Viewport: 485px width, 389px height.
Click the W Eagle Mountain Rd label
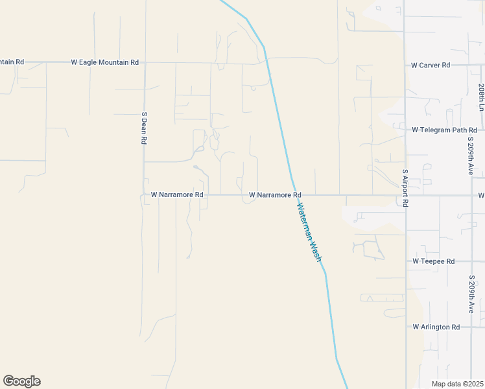tap(104, 62)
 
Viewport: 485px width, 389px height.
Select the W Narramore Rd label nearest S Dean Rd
tap(177, 194)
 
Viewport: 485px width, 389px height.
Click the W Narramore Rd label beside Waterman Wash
tap(275, 194)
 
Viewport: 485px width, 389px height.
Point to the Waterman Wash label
tap(309, 232)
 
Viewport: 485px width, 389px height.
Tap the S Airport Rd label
tap(405, 188)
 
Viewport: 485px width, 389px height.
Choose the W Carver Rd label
tap(431, 65)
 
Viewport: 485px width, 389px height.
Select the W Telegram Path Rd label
tap(444, 130)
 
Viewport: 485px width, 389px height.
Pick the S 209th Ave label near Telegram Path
tap(471, 159)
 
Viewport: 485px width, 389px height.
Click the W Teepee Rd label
tap(433, 261)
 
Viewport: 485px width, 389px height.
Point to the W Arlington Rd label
tap(436, 327)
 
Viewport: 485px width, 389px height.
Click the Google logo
tap(21, 381)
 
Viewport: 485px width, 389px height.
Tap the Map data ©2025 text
tap(457, 384)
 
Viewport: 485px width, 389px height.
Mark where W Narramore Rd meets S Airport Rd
tap(405, 194)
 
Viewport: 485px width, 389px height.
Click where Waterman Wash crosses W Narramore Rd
tap(294, 194)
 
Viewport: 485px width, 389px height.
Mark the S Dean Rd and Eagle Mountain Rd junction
tap(144, 63)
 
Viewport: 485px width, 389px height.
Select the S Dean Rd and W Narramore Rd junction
tap(144, 194)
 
